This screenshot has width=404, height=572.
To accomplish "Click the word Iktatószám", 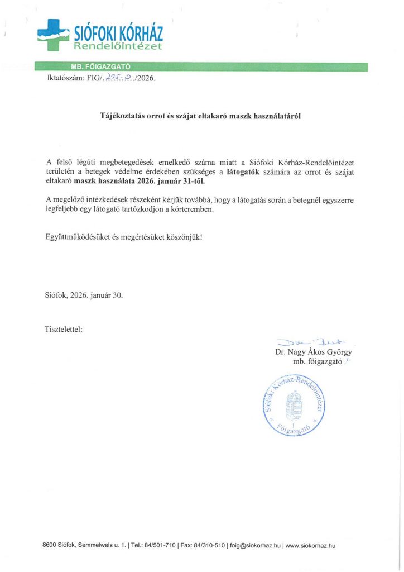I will [63, 79].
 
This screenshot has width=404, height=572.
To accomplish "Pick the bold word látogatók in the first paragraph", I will [244, 172].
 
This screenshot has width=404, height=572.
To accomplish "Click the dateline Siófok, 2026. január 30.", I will [84, 295].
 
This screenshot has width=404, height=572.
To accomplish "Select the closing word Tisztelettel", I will [64, 328].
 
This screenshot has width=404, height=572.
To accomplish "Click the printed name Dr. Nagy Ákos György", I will [314, 352].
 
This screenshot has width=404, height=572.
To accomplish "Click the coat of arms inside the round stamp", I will [294, 406].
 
